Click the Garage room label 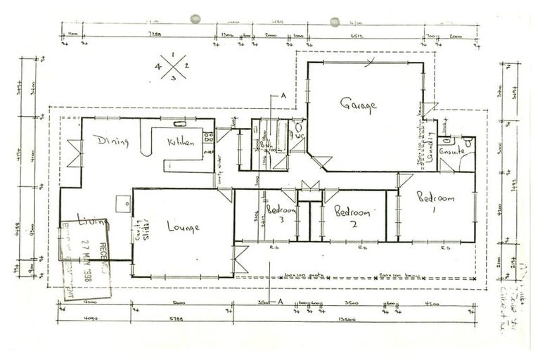pos(359,105)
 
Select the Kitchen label pos(180,142)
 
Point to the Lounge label pos(183,227)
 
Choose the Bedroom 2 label pos(351,212)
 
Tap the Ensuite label pos(450,151)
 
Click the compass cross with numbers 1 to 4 pos(172,67)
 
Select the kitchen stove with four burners pos(208,138)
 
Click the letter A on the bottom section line pos(279,300)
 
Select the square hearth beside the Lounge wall pos(124,205)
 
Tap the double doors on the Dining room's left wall pos(74,153)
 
